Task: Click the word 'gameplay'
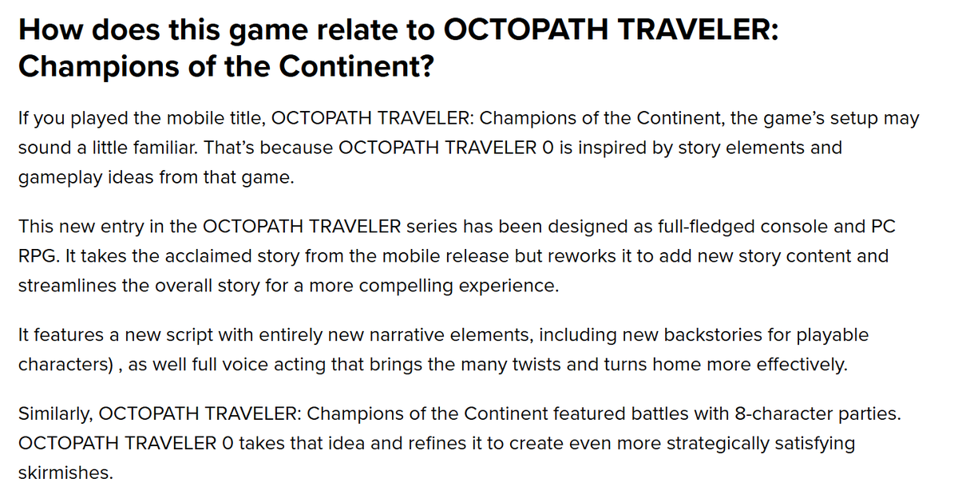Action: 57,177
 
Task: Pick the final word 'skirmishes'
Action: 65,472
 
